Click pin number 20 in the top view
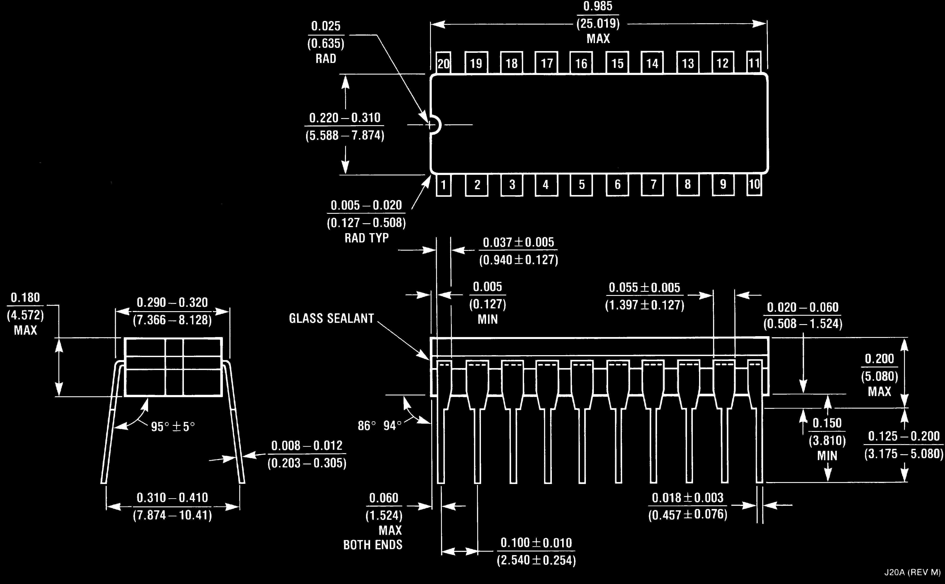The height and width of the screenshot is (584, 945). point(444,63)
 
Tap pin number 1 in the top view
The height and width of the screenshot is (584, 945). point(444,185)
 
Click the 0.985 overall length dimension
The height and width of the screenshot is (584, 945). point(598,6)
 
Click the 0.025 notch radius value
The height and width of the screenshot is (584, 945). point(326,26)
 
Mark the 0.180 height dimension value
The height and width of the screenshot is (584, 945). point(25,298)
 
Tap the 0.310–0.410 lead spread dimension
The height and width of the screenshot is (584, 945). point(172,498)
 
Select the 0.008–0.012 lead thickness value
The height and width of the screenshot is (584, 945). point(307,446)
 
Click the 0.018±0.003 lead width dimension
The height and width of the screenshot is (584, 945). point(688,498)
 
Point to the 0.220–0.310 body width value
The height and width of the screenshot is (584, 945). point(345,118)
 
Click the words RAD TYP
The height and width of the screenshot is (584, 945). point(366,238)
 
